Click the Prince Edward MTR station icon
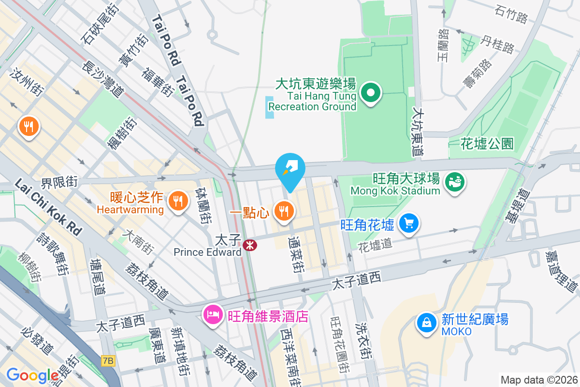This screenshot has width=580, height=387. (250, 245)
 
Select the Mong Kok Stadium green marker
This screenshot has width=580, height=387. (455, 182)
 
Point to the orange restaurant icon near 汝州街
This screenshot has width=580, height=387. (29, 127)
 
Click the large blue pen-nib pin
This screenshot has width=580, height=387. (290, 169)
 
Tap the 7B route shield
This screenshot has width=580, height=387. (109, 360)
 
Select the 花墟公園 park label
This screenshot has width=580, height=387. (487, 144)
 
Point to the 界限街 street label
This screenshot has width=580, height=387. (59, 182)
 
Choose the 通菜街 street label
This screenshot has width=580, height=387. (296, 254)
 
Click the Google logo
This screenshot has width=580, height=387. (32, 375)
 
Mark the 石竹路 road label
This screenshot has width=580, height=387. (511, 14)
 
